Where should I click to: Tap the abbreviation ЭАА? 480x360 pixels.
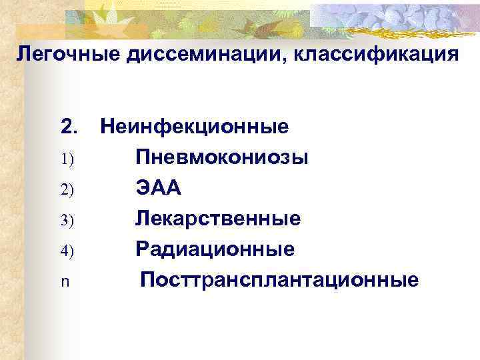(x=159, y=189)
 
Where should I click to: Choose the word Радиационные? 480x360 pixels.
(x=215, y=249)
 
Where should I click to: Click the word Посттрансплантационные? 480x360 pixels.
(x=279, y=280)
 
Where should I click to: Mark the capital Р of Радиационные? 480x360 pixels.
(x=142, y=249)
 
